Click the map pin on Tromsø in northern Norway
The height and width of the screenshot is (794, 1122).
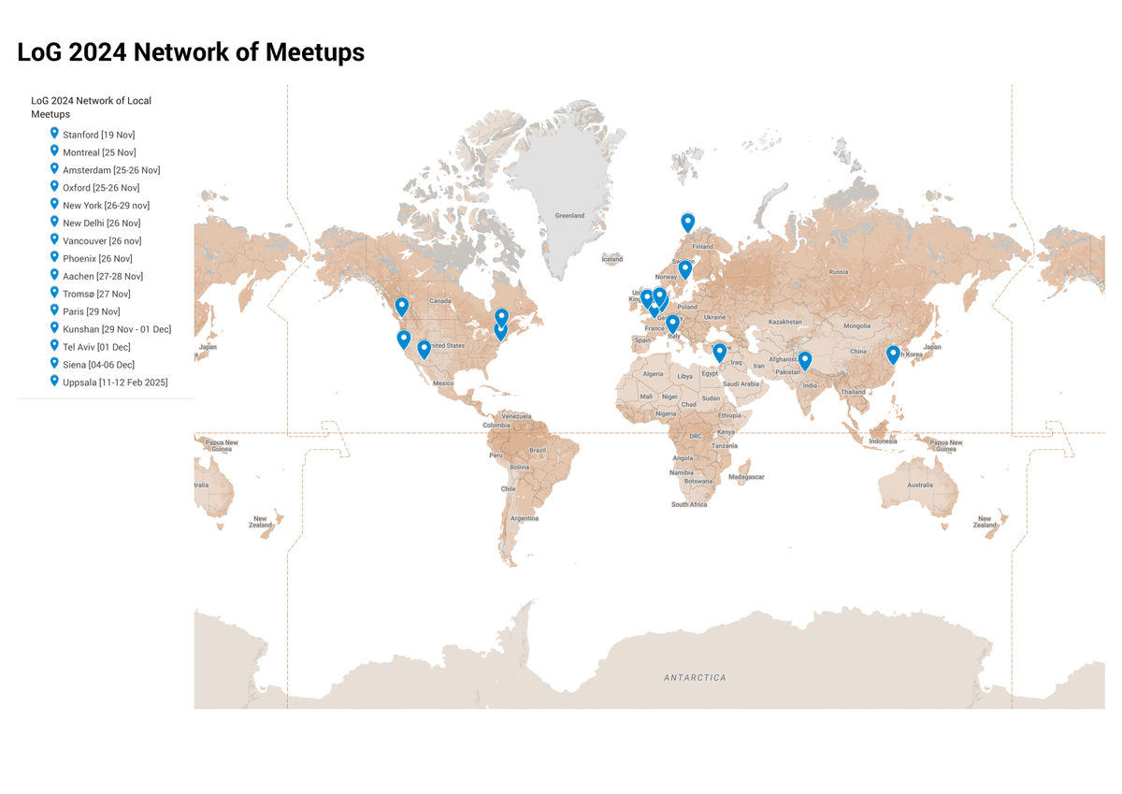(x=688, y=222)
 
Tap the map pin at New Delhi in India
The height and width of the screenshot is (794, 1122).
(x=805, y=360)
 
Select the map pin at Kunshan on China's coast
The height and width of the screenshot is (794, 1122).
(x=893, y=354)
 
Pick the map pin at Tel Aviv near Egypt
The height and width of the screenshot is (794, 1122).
(x=719, y=352)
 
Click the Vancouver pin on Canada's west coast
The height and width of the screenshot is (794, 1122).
(x=402, y=305)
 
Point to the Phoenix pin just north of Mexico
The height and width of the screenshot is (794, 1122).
(x=424, y=349)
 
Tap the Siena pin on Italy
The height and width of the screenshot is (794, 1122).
(x=672, y=324)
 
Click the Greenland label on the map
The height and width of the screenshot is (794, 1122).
(x=569, y=216)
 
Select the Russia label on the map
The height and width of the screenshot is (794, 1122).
(x=838, y=272)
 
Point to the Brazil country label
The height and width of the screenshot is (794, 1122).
(x=538, y=450)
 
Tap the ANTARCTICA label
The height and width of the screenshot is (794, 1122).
(x=695, y=678)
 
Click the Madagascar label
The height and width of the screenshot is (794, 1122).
(x=746, y=477)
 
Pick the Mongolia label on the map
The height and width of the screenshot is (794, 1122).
(x=856, y=326)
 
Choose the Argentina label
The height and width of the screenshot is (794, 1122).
(x=524, y=518)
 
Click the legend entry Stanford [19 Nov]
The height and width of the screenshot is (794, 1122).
(x=98, y=135)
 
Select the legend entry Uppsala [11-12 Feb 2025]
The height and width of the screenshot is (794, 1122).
(x=115, y=383)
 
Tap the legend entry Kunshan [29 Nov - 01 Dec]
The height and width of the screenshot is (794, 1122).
(x=117, y=329)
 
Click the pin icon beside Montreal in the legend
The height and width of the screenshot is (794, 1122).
(x=54, y=152)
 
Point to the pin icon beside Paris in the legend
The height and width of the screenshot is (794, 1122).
(x=54, y=310)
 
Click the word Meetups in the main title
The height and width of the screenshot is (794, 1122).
(x=314, y=52)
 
